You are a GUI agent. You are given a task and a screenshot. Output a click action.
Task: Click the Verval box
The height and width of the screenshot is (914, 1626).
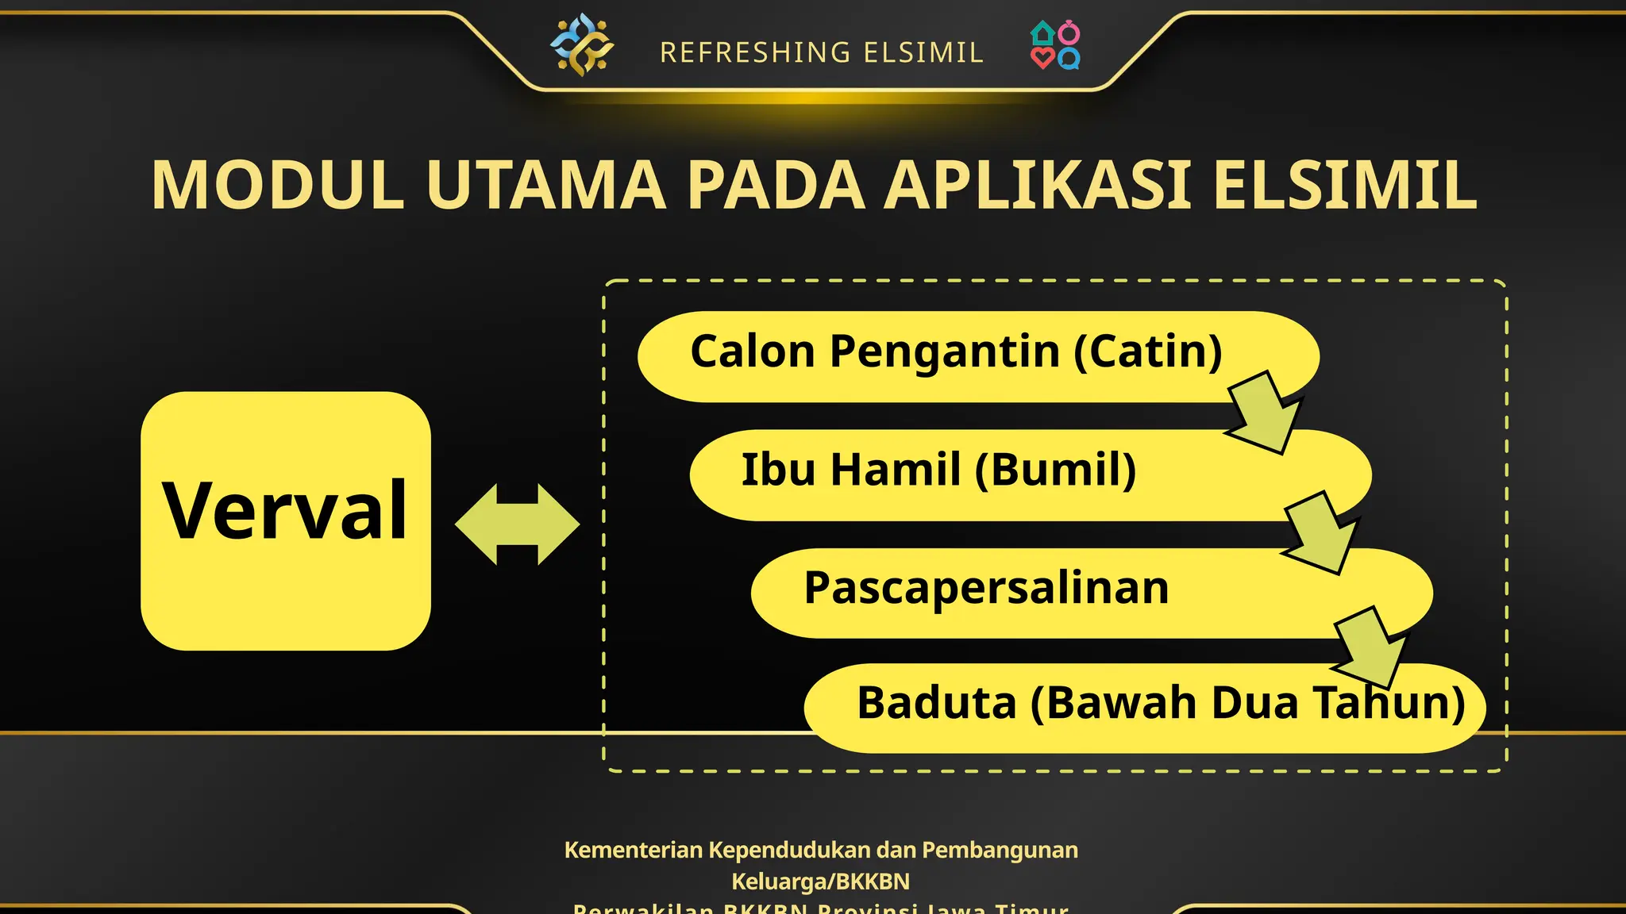coord(286,520)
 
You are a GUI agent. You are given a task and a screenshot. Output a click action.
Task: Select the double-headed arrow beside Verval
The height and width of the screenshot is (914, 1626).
coord(518,524)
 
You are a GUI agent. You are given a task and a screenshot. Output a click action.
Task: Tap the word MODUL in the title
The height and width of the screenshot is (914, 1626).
coord(278,186)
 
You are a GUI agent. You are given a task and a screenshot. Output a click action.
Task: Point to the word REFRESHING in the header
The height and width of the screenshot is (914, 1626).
coord(755,53)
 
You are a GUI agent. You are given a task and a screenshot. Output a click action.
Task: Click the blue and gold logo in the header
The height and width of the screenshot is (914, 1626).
coord(582,45)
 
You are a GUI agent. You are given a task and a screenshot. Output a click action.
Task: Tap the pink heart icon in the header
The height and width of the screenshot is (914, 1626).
coord(1042,58)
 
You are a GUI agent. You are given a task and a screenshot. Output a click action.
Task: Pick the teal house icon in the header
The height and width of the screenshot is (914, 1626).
coord(1042,33)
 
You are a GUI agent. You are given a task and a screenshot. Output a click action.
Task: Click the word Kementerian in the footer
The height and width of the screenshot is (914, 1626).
coord(634,851)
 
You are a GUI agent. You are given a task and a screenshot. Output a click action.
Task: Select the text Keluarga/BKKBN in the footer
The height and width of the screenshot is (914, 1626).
coord(820,881)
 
